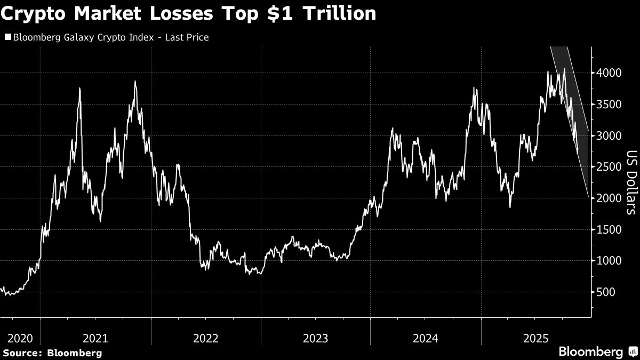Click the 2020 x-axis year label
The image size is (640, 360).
tap(20, 338)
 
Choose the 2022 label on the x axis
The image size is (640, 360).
tap(206, 338)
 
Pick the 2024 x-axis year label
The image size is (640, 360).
tap(425, 338)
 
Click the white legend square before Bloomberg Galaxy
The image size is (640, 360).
tap(7, 37)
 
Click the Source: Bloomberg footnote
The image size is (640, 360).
tap(52, 353)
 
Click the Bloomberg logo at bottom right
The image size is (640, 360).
tap(590, 352)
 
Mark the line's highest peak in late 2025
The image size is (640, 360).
tap(564, 69)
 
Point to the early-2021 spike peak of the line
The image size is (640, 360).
tap(79, 88)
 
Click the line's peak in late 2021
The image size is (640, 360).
tap(135, 81)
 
